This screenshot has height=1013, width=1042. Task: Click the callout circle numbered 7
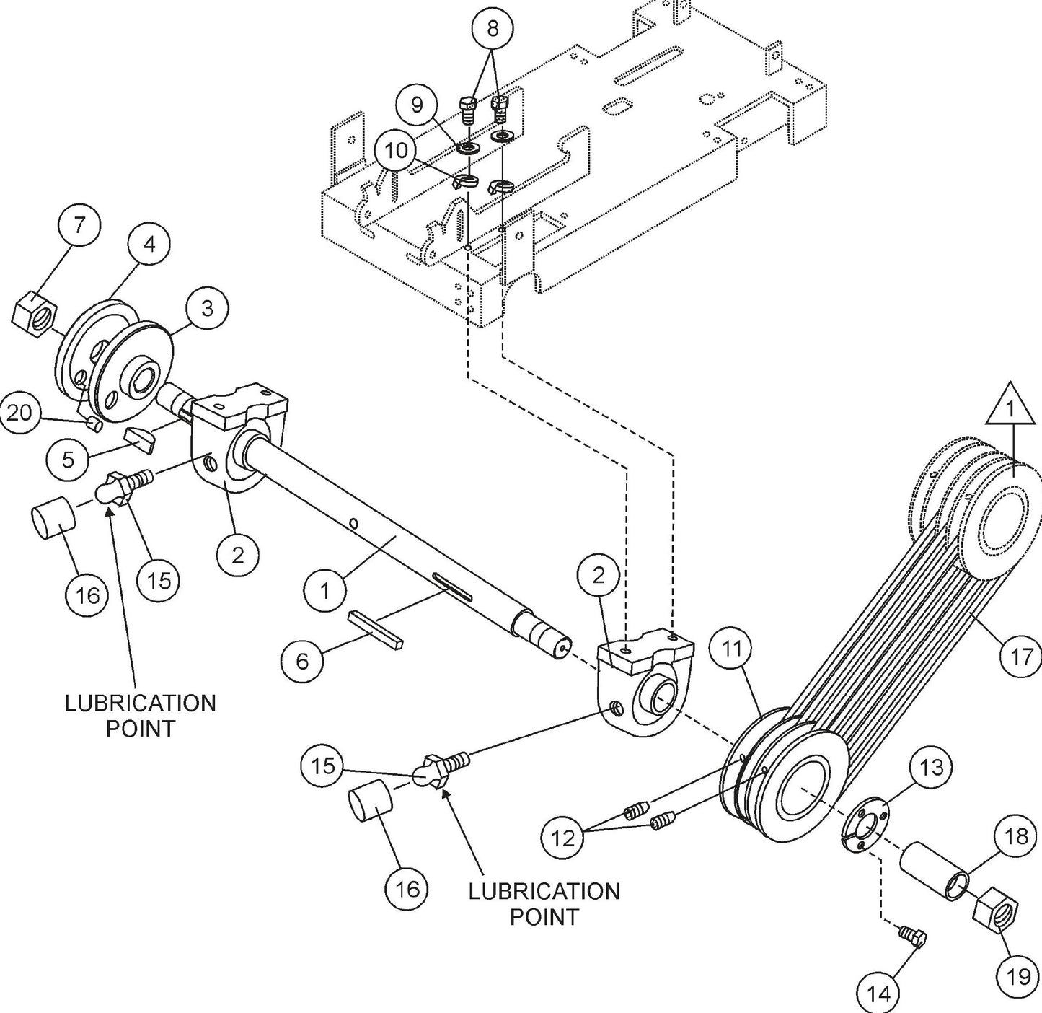pos(79,224)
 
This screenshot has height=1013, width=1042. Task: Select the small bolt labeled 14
pos(913,937)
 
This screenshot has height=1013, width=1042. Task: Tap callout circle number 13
pos(932,767)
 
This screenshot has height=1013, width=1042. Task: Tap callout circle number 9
pos(418,105)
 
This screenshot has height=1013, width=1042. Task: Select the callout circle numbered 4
pos(149,244)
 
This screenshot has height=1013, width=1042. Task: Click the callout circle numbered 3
pos(207,308)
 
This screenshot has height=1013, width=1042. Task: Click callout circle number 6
pos(302,661)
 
